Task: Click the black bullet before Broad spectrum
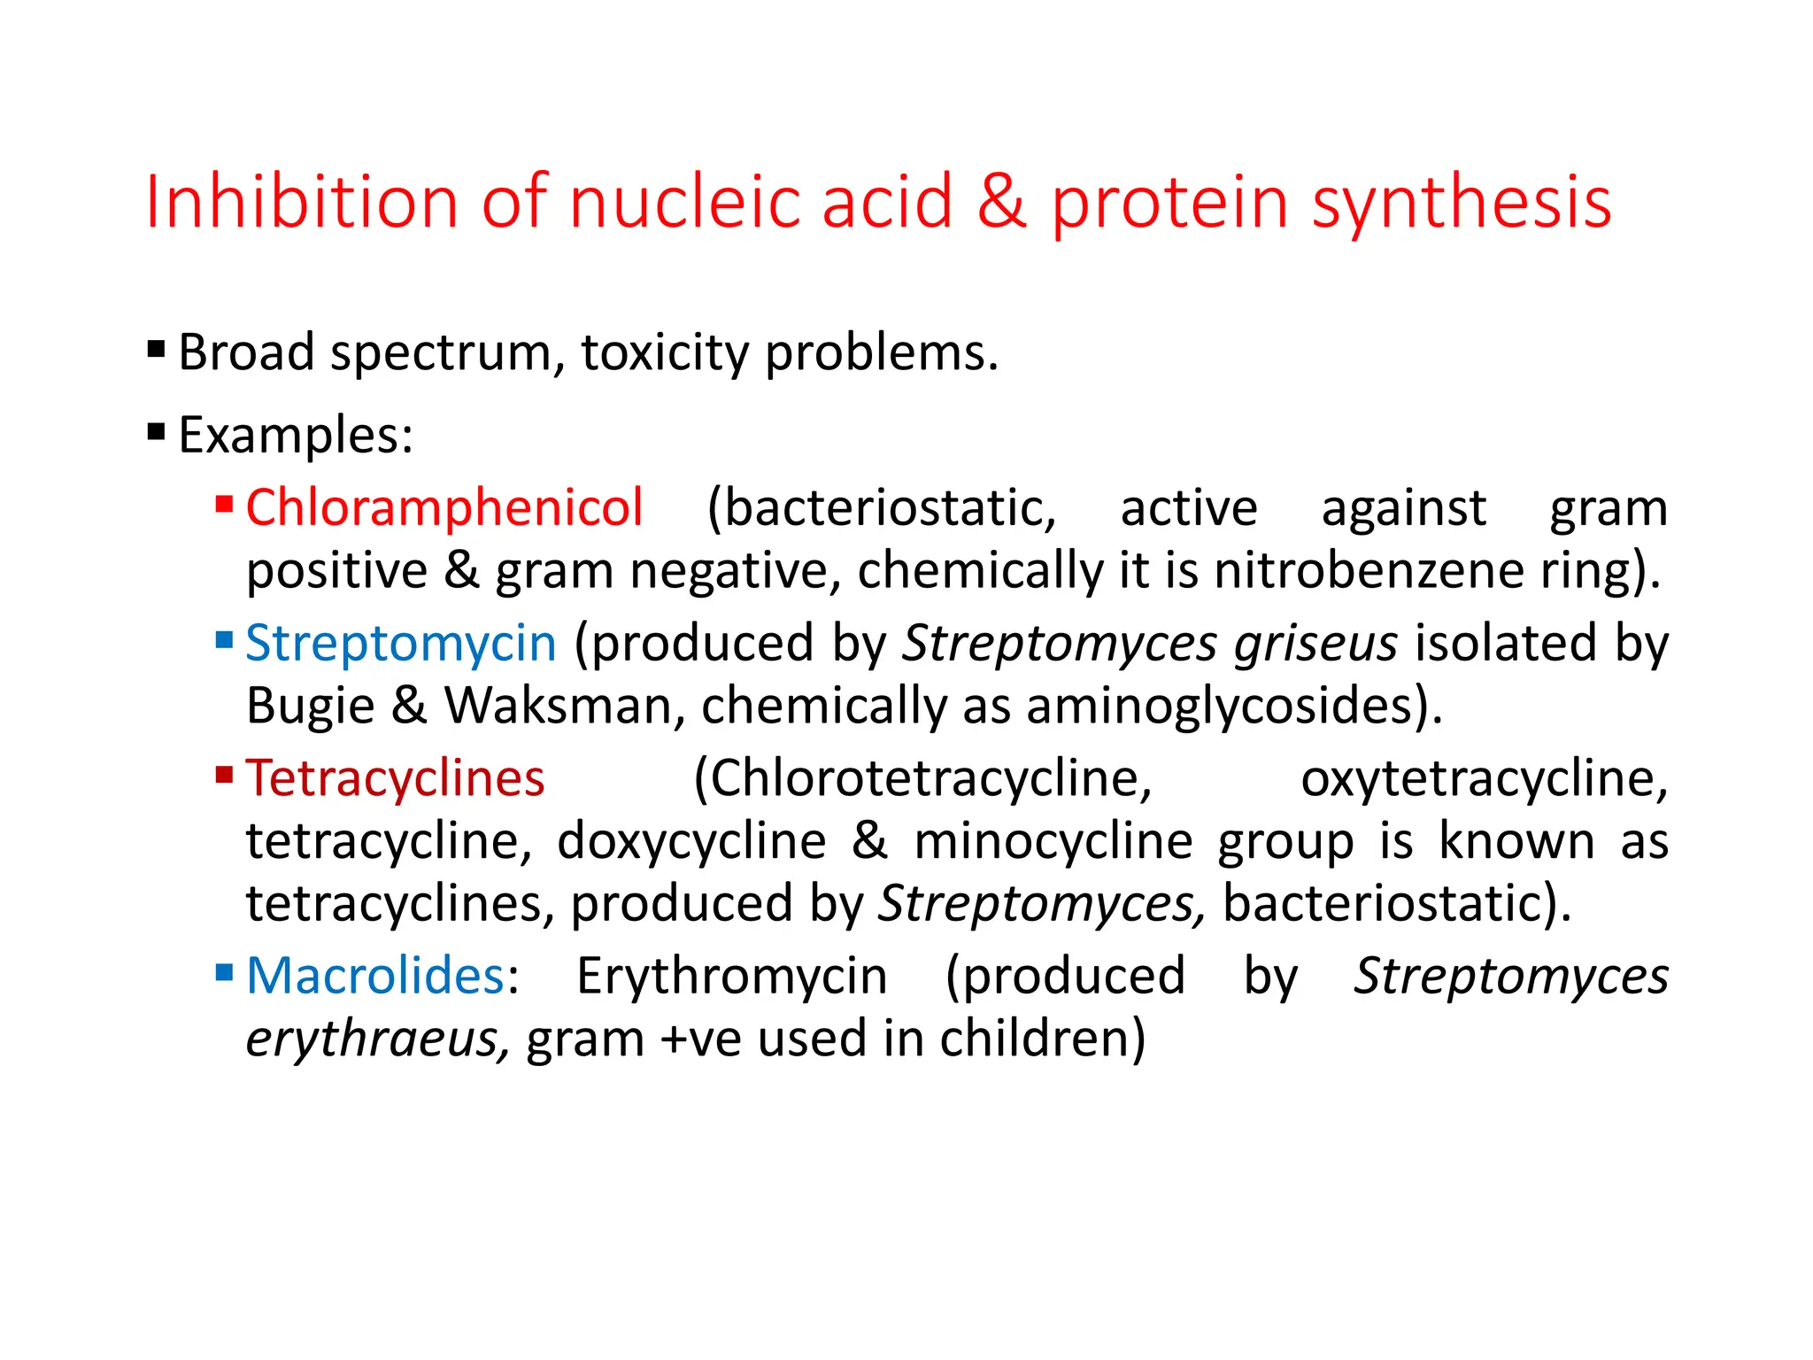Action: (157, 350)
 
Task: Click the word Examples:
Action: (296, 436)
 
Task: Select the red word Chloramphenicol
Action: (444, 508)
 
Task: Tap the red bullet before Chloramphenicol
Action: (224, 505)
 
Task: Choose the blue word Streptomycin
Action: (401, 643)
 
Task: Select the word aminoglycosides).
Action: (1234, 707)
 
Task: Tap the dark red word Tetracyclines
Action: (395, 779)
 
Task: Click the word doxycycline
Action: (691, 841)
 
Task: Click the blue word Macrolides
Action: (375, 976)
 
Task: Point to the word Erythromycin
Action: (732, 976)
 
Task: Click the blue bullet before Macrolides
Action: (224, 974)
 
